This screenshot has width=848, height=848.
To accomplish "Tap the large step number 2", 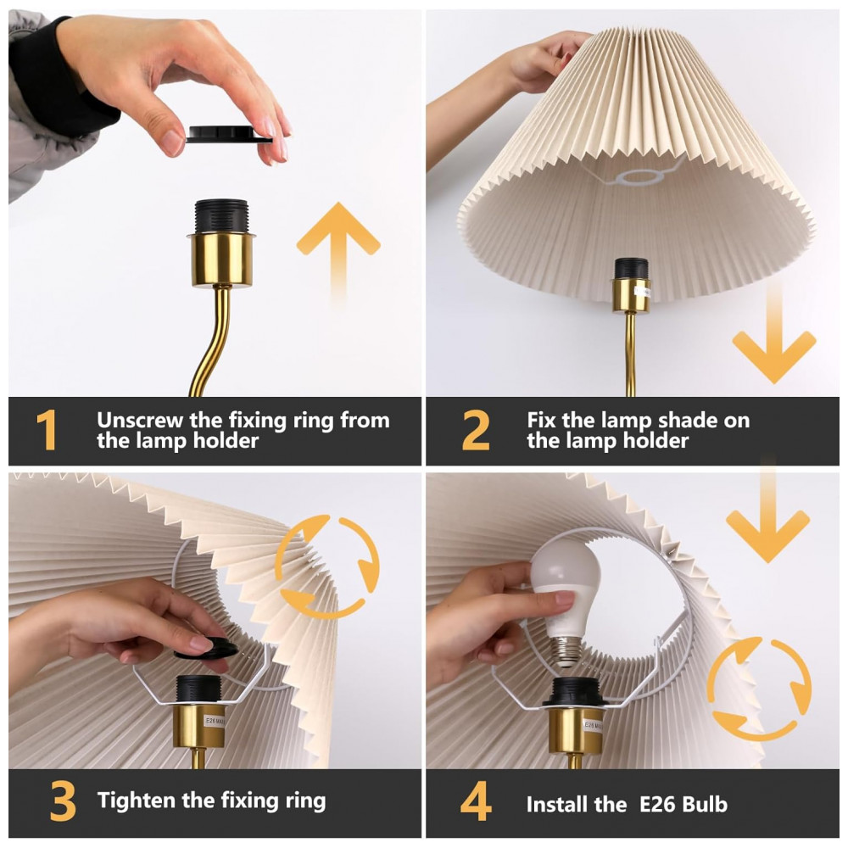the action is click(x=476, y=430).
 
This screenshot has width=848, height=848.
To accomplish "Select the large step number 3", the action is click(x=62, y=801).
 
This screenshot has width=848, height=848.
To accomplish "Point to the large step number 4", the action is click(x=476, y=801).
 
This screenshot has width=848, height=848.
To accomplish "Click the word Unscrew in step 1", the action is click(x=140, y=420).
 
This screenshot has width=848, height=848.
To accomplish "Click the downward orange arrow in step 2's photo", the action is click(x=774, y=335).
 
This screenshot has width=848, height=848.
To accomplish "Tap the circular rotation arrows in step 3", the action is click(x=327, y=567).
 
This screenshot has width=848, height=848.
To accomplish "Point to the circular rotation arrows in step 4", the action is click(x=759, y=689).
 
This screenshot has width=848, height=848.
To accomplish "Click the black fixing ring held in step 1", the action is click(x=229, y=134).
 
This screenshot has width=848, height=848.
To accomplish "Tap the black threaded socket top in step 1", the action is click(x=221, y=216).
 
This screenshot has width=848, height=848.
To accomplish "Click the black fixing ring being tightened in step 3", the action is click(x=206, y=649).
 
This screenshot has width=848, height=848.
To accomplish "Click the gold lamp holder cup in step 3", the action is click(x=198, y=725).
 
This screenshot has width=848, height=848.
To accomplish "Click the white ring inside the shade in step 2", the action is click(x=640, y=176).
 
